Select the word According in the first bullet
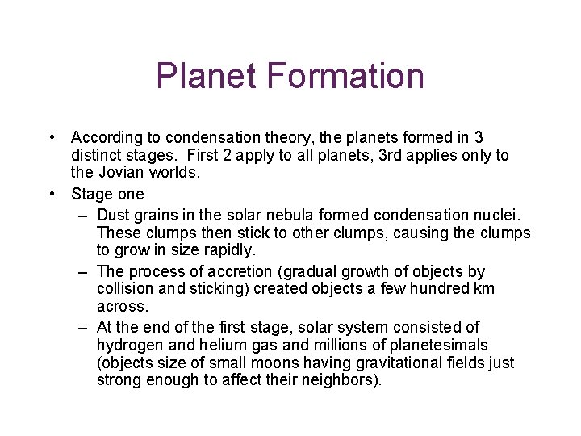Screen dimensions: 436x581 tap(103, 139)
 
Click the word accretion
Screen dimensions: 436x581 tap(224, 271)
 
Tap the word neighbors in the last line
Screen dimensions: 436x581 tap(340, 379)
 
